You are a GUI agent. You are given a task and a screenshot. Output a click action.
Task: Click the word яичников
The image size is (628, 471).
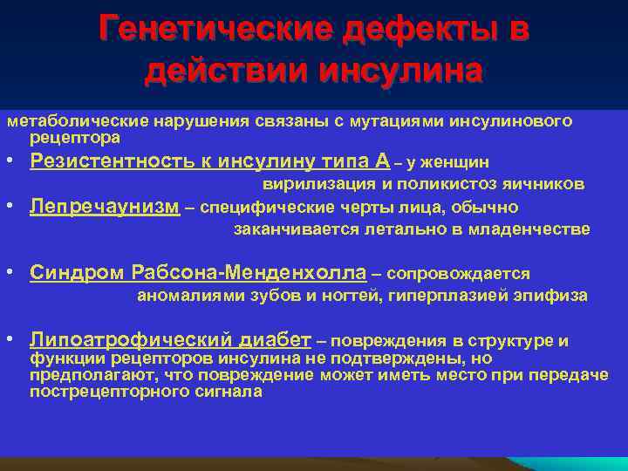pyautogui.click(x=548, y=184)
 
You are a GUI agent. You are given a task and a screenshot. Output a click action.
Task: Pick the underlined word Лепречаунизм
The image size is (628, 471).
pyautogui.click(x=105, y=207)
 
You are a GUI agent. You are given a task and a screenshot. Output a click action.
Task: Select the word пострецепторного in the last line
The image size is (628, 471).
pyautogui.click(x=98, y=392)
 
